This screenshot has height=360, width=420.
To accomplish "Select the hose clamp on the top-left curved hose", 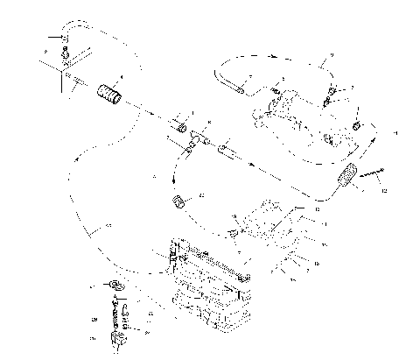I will (64, 39).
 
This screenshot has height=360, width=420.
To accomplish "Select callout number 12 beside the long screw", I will (382, 189).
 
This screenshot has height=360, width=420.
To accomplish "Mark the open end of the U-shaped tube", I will (236, 87).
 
